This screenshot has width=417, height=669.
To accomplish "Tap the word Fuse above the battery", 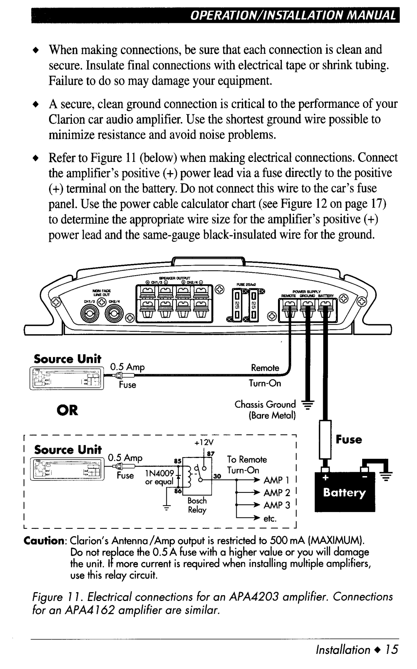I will click(349, 439).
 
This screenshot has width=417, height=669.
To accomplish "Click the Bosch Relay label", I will click(197, 505).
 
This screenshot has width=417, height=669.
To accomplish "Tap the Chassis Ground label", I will click(265, 405).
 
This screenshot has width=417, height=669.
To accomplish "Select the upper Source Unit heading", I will click(68, 359).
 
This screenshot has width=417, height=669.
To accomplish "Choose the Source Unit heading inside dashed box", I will click(68, 449).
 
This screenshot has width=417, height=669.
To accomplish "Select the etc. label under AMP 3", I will click(270, 519).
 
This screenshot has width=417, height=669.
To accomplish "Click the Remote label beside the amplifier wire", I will click(265, 368).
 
